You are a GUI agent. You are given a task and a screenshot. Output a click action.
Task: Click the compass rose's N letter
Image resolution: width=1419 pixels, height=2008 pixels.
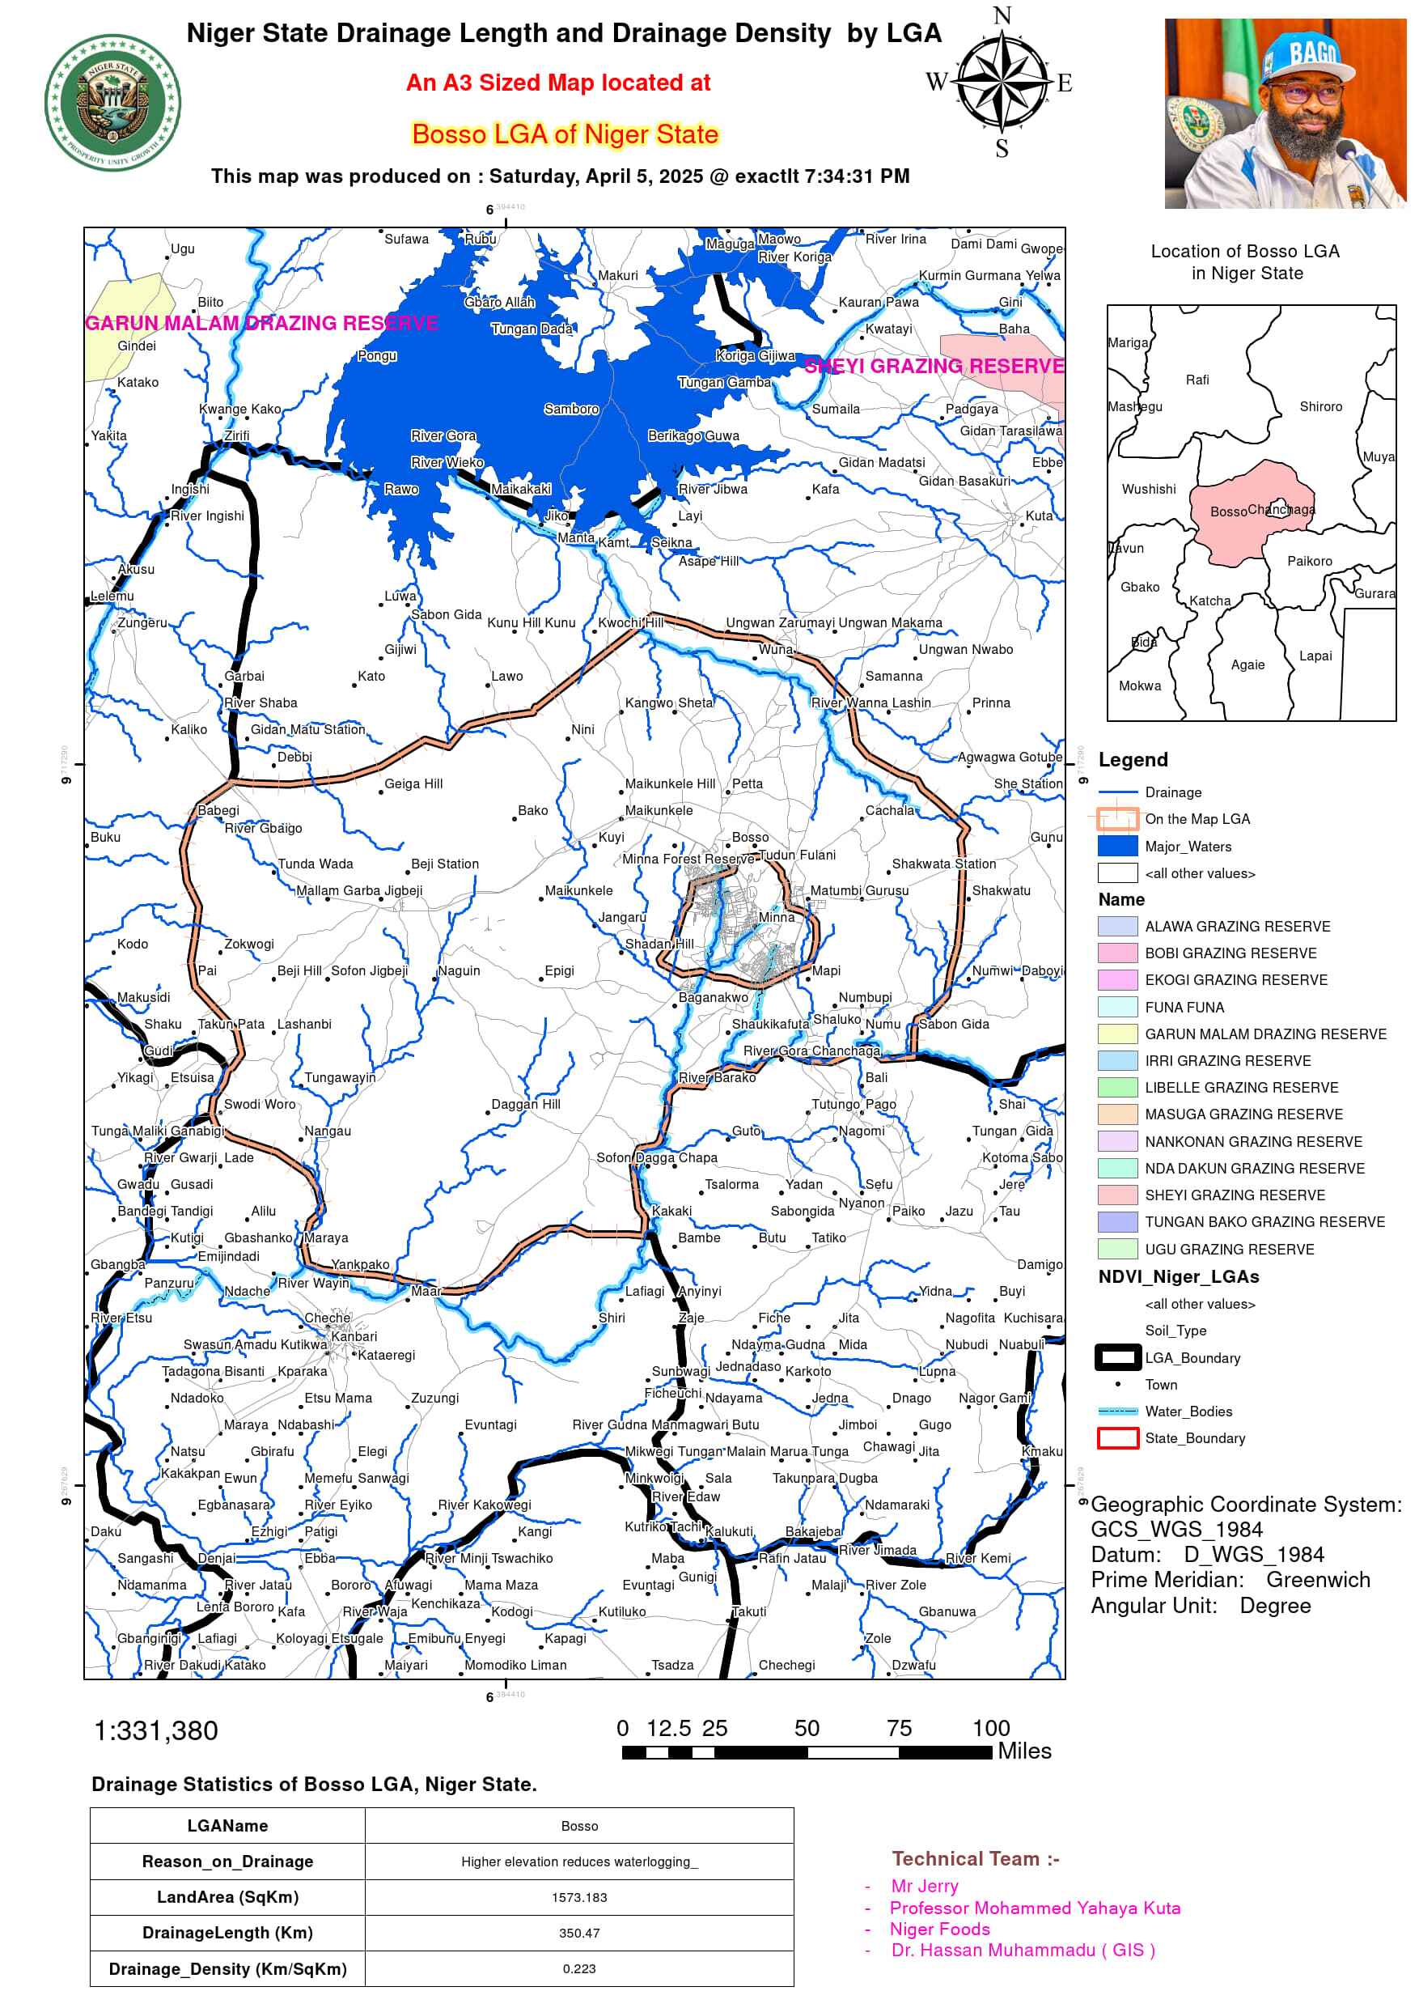(x=1002, y=15)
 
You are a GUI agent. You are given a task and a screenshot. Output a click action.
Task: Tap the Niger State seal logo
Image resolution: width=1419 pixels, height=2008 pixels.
(x=112, y=104)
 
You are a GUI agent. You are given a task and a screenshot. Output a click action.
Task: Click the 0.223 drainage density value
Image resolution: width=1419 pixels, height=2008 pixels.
(x=578, y=1968)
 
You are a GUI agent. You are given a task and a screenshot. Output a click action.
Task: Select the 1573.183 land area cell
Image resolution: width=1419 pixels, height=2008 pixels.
(x=578, y=1897)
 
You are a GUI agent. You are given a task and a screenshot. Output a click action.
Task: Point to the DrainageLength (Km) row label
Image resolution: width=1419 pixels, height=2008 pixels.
(x=227, y=1933)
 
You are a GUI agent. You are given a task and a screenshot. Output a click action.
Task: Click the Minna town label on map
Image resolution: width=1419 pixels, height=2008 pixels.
(x=777, y=916)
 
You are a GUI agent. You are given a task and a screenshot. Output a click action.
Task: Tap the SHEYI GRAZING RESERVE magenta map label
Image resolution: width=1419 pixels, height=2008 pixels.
(x=934, y=366)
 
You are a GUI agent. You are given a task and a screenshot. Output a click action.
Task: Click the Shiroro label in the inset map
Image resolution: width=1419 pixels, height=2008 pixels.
(x=1320, y=406)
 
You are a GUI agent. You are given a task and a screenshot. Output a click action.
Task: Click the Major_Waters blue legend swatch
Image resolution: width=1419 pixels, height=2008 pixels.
(x=1117, y=846)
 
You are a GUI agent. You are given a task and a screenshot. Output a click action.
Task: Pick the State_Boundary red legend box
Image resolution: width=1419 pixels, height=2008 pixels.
(x=1117, y=1437)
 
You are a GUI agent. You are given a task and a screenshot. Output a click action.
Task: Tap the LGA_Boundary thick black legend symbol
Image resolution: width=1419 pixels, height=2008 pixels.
(x=1117, y=1357)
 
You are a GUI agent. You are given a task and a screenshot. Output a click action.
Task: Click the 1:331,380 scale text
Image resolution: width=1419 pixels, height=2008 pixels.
(x=155, y=1730)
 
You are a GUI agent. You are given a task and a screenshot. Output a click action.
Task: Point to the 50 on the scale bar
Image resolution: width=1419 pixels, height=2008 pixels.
(x=806, y=1728)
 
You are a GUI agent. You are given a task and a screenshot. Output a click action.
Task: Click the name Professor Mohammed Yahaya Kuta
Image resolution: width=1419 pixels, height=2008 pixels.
(x=1034, y=1908)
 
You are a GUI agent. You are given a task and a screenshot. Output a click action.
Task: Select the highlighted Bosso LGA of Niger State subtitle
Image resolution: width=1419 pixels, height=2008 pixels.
(x=565, y=134)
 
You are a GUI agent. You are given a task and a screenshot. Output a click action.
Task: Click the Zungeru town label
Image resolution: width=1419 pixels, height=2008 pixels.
(x=142, y=622)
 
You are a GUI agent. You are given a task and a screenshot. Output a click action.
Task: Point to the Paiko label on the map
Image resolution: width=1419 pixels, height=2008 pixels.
(x=908, y=1212)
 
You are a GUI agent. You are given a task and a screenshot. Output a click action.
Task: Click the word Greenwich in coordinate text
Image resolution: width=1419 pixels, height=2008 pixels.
(x=1318, y=1580)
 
